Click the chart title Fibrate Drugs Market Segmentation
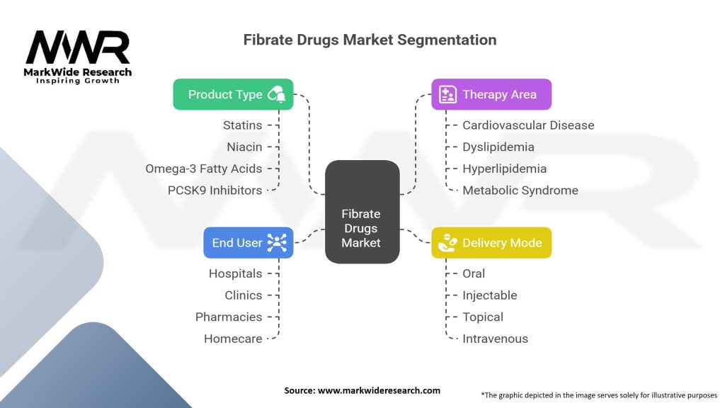(370, 40)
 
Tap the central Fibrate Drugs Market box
(361, 228)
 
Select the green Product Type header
(233, 94)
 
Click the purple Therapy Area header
(491, 94)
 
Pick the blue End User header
(248, 242)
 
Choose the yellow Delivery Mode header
(491, 243)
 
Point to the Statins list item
(243, 125)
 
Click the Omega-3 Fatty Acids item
(203, 169)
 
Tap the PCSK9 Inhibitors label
(215, 190)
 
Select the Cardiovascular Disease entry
(528, 125)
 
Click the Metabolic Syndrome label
(520, 190)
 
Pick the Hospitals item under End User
(235, 273)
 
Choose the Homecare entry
(233, 339)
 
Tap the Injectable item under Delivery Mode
(489, 295)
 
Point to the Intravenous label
(495, 339)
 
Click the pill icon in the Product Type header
(277, 94)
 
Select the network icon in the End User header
(277, 243)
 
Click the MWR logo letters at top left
(78, 48)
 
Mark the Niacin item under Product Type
(244, 147)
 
